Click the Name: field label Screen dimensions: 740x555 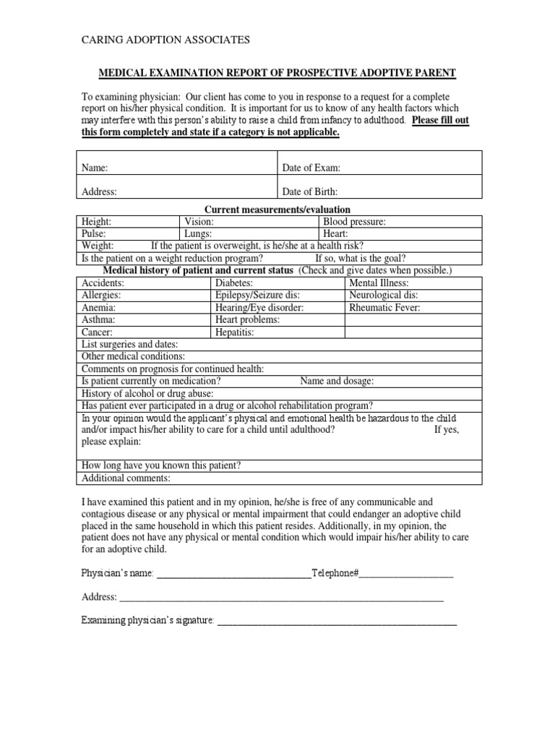coord(95,168)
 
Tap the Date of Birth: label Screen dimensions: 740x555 coord(309,192)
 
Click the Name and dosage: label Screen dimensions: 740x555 coord(337,382)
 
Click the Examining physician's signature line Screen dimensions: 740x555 coord(337,621)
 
